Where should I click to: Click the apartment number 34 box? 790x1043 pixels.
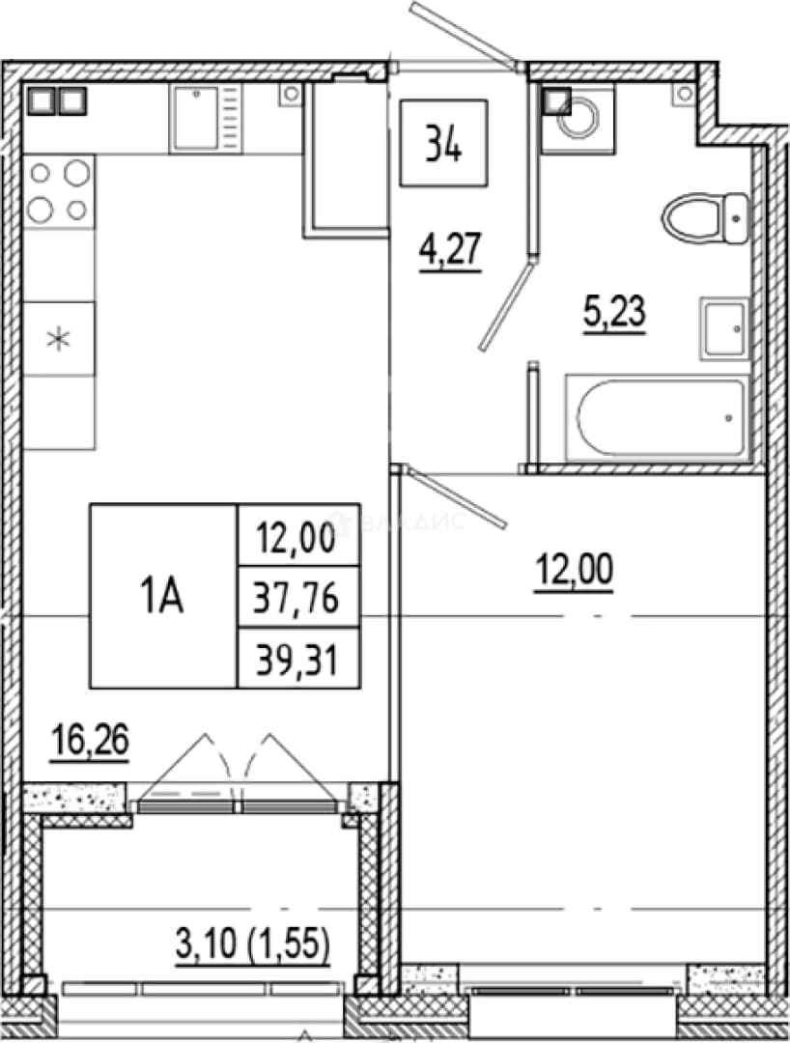point(443,142)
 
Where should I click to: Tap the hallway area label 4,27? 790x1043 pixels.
point(450,249)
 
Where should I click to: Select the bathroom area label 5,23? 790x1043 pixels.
point(614,312)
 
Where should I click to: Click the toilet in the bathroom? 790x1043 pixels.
point(706,218)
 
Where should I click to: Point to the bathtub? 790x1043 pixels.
point(658,418)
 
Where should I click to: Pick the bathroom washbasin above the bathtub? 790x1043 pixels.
point(724,328)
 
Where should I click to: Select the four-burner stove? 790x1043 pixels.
point(59,191)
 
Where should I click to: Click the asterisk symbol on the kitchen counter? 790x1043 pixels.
point(59,339)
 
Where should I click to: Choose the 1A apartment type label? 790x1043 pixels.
point(162,596)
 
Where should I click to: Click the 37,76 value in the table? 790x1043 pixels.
point(296,598)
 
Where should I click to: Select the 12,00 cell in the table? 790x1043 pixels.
point(297,536)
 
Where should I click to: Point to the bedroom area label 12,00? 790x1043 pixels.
point(575,570)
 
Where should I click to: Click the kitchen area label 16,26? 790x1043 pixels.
point(90,741)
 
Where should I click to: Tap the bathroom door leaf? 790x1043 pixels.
point(506,307)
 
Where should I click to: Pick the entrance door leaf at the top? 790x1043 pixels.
point(464,33)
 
